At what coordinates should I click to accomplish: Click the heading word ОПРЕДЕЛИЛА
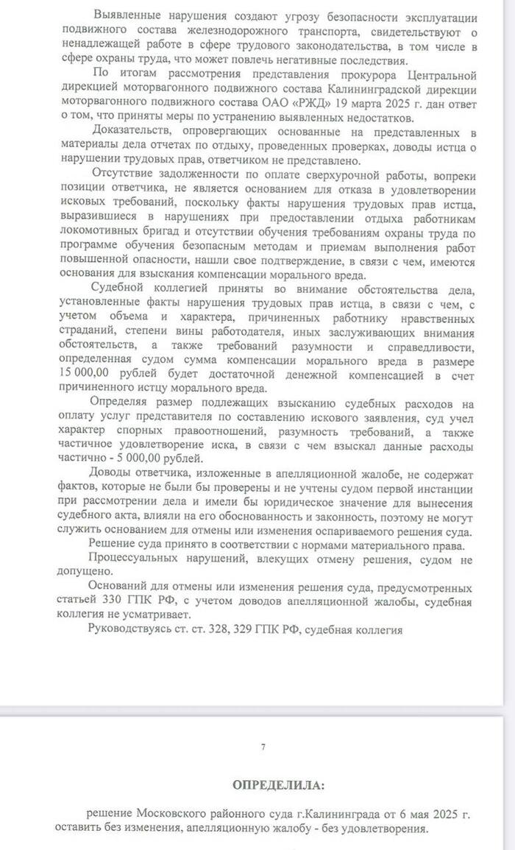277,785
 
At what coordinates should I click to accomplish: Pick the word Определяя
122,402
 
